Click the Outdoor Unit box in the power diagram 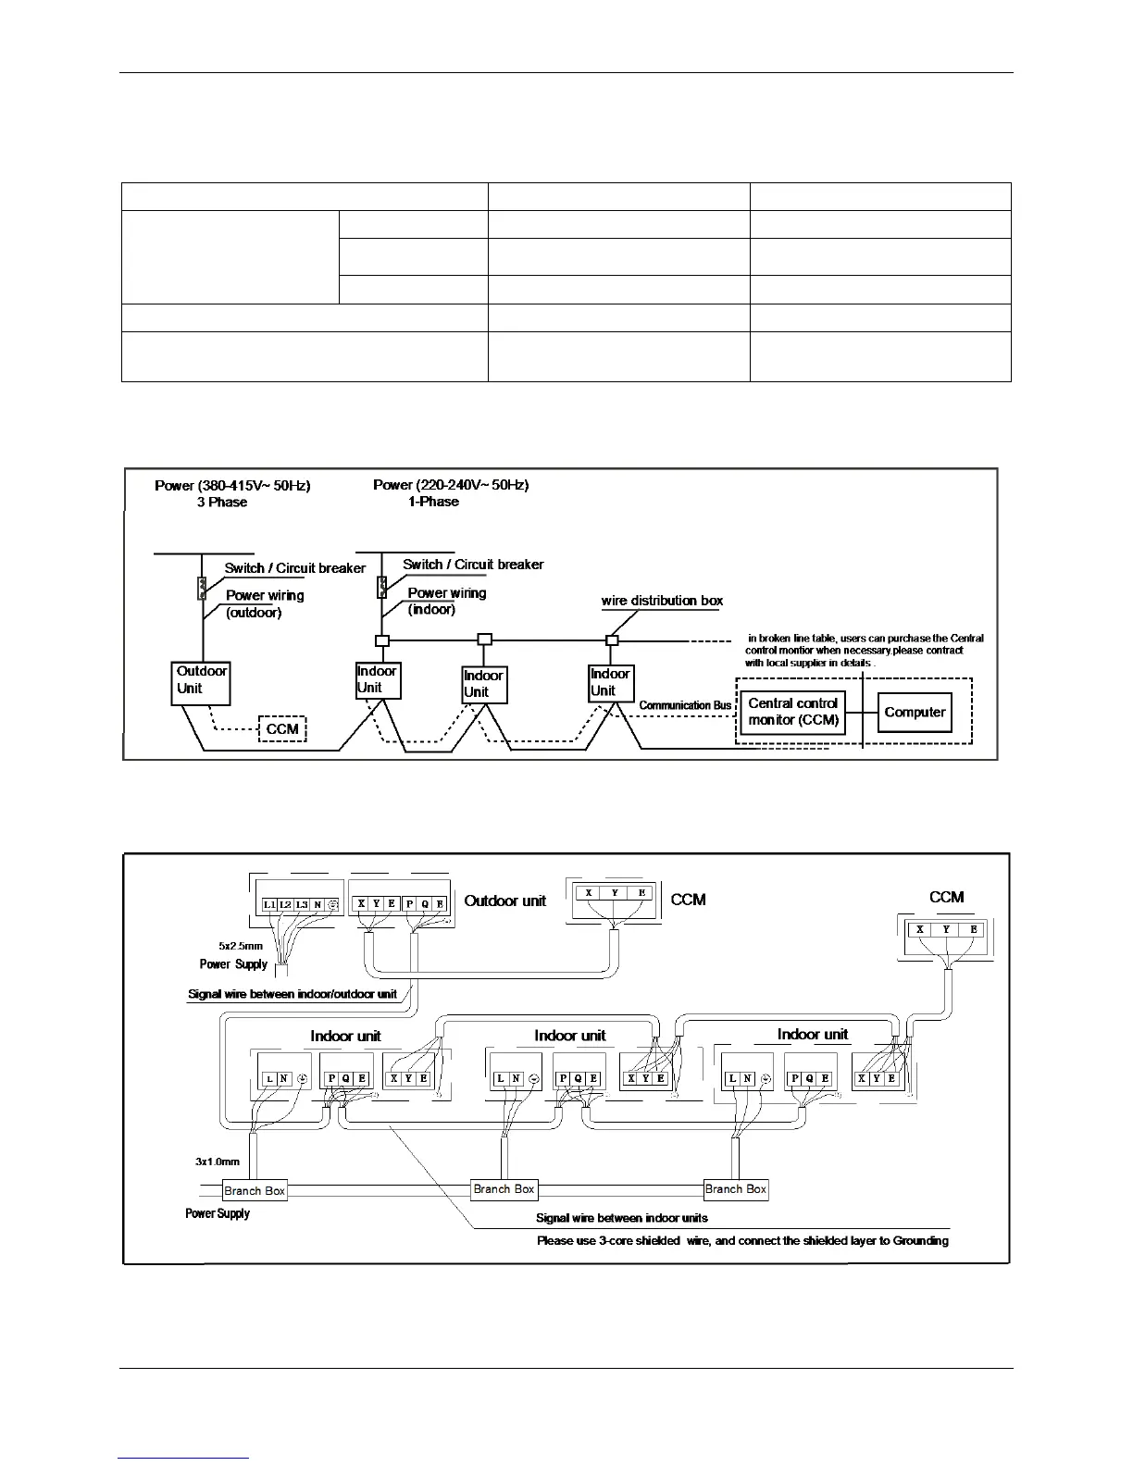click(x=201, y=682)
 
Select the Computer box click(x=915, y=712)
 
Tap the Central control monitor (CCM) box click(x=792, y=712)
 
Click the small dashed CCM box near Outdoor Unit click(x=282, y=729)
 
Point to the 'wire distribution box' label click(x=662, y=601)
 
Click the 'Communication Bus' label click(x=685, y=705)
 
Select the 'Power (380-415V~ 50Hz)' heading click(x=232, y=485)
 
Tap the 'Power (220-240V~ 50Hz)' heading click(x=451, y=485)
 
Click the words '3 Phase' click(x=222, y=502)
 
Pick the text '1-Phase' click(x=433, y=502)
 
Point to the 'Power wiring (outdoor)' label click(x=264, y=603)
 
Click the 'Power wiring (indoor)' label click(x=446, y=601)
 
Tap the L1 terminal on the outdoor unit click(x=268, y=904)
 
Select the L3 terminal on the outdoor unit click(x=302, y=904)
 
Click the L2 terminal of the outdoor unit click(x=285, y=904)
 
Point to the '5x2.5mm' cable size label click(x=241, y=946)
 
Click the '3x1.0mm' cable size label click(x=218, y=1162)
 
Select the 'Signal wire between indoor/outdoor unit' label click(x=293, y=994)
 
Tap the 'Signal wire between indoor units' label click(x=622, y=1218)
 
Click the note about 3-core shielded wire click(x=742, y=1240)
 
